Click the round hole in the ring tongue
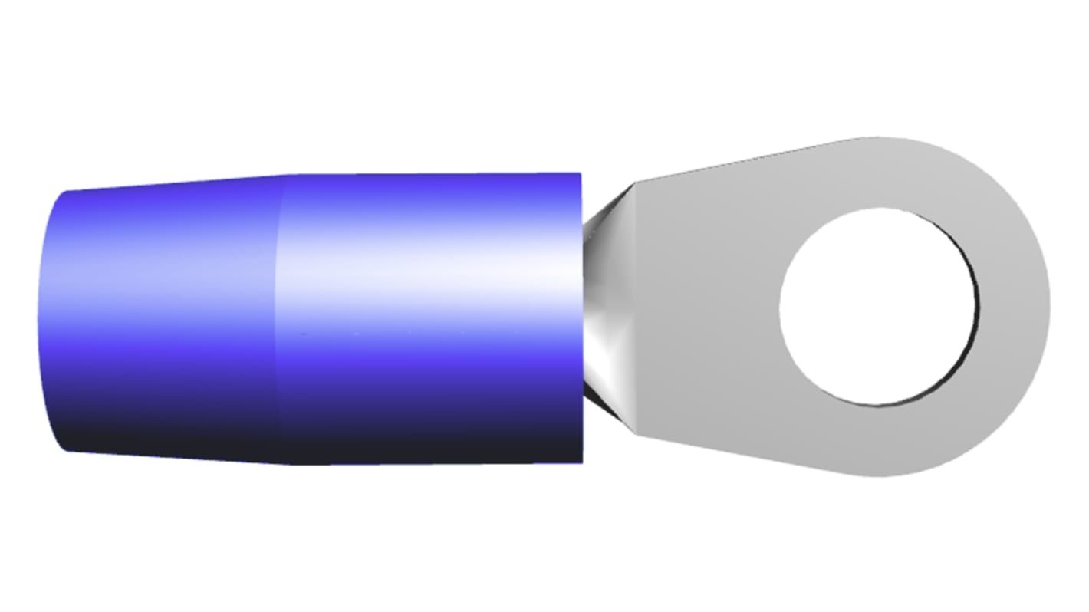[x=878, y=307]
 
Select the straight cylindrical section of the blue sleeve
[x=429, y=322]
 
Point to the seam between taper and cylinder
[x=280, y=322]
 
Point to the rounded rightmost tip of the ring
[x=1048, y=307]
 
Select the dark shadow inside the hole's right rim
[x=975, y=307]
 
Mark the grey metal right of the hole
[x=1012, y=307]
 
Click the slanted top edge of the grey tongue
[x=744, y=161]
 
